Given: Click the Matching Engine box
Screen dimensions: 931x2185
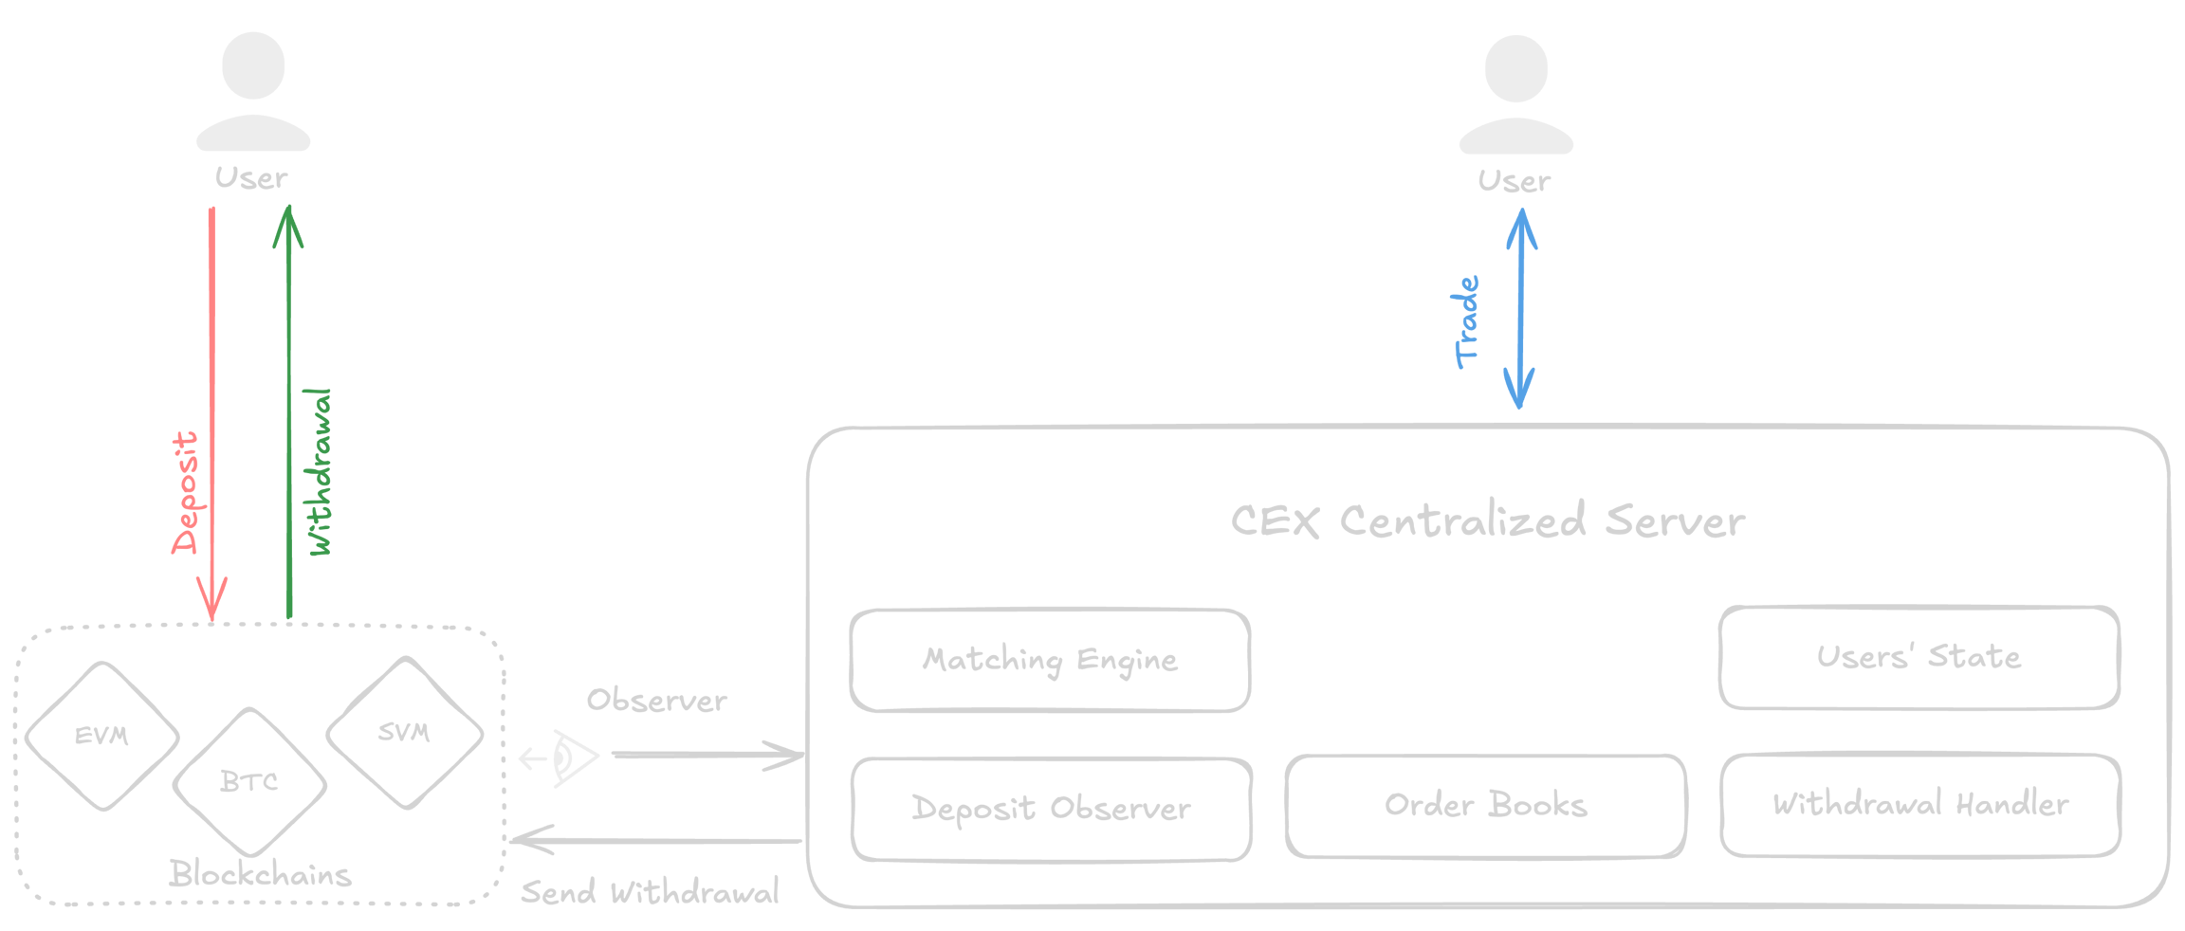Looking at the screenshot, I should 1050,660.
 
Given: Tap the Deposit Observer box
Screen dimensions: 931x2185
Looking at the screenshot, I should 1051,808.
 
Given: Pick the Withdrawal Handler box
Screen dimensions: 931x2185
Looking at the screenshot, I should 1919,805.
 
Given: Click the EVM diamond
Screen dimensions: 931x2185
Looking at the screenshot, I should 101,737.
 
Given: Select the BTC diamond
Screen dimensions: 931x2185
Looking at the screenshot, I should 249,782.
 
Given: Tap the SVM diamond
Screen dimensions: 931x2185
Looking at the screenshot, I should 405,733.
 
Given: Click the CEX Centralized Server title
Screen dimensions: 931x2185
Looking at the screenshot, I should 1487,521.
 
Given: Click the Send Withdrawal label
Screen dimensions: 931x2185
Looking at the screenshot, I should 650,892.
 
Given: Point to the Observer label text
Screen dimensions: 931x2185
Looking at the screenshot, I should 656,701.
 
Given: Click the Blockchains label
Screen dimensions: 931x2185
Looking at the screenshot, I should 260,874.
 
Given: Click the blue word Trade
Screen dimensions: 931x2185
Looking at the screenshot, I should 1466,322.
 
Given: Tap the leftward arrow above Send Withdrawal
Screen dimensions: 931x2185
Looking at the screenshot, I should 654,840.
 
